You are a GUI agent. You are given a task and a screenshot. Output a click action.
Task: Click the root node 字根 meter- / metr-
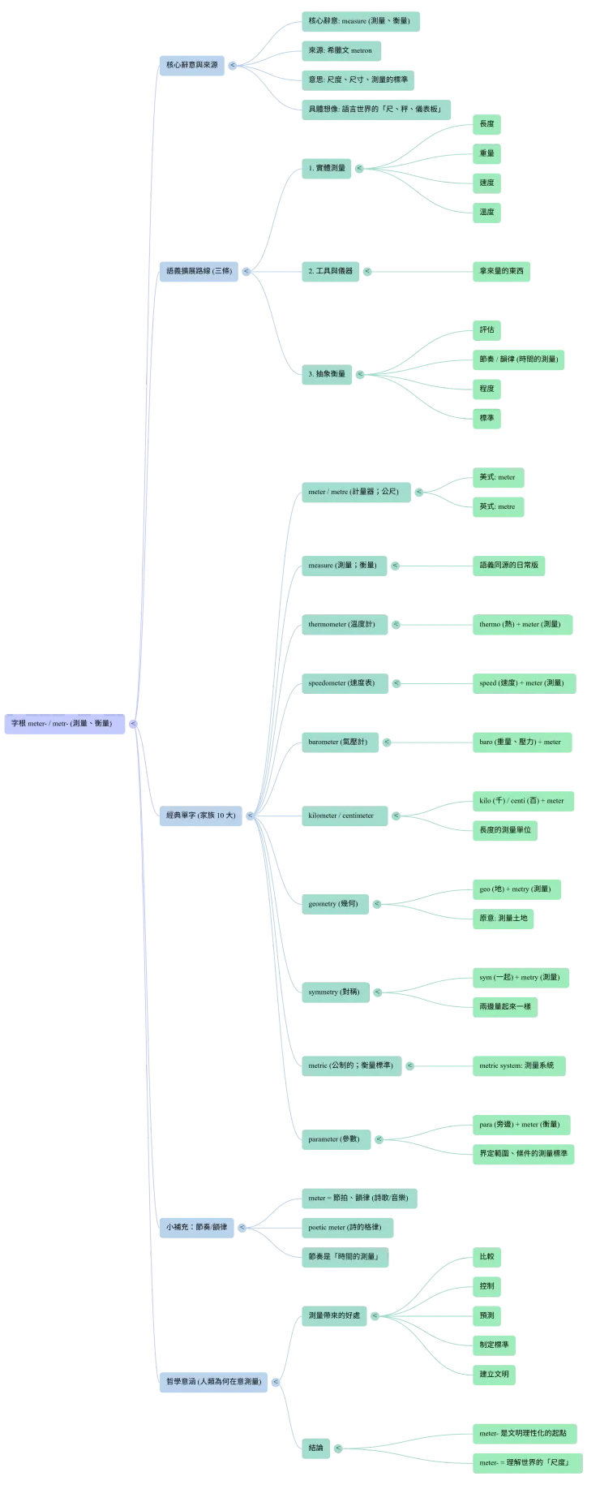62,723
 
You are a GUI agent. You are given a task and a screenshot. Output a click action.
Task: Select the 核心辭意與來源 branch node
191,64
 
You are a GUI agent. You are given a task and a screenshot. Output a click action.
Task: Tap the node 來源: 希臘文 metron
340,50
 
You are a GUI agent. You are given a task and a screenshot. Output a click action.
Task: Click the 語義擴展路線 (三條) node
199,271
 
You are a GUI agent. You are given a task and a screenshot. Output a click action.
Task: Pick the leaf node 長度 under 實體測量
486,124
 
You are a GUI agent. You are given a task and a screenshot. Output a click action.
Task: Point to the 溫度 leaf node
486,213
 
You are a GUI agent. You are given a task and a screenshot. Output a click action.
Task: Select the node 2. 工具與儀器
330,271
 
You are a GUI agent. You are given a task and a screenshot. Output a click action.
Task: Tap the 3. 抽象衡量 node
327,374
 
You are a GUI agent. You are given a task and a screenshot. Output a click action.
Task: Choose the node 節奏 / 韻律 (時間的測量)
518,359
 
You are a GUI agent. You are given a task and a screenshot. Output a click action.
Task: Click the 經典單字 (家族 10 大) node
200,816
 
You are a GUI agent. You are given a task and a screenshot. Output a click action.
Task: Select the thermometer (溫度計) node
341,624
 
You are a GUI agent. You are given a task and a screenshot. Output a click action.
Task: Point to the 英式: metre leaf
497,506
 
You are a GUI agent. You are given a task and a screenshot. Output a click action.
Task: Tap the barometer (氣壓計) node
337,742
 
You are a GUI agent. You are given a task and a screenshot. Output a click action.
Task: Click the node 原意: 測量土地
503,919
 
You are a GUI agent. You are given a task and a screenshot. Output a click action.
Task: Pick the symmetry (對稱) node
334,992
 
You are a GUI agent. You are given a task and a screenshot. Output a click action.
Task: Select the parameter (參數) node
333,1139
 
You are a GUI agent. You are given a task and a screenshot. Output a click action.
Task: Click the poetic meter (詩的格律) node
345,1227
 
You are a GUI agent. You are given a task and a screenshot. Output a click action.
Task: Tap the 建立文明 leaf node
494,1375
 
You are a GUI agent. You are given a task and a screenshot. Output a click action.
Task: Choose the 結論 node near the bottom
315,1448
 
